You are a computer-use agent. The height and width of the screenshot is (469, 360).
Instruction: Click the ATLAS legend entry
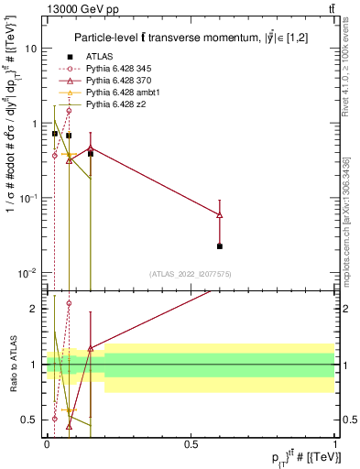point(99,55)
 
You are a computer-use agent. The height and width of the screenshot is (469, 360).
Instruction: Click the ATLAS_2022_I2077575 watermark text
point(190,273)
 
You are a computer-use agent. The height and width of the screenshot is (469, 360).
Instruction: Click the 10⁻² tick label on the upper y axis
point(29,272)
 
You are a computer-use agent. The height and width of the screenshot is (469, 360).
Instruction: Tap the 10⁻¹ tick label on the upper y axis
point(29,198)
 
